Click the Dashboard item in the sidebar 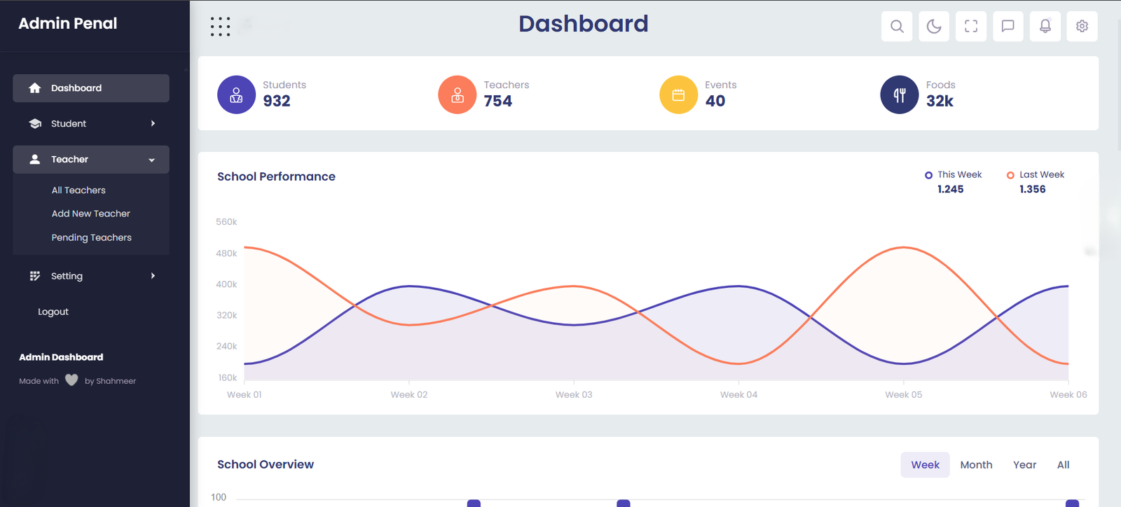pyautogui.click(x=90, y=88)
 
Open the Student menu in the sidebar pyautogui.click(x=90, y=124)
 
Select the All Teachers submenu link pyautogui.click(x=78, y=190)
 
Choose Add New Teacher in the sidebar pyautogui.click(x=90, y=214)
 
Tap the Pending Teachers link pyautogui.click(x=91, y=237)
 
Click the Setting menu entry pyautogui.click(x=90, y=276)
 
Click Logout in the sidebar pyautogui.click(x=53, y=312)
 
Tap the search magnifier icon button pyautogui.click(x=897, y=27)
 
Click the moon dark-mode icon pyautogui.click(x=934, y=27)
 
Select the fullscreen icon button pyautogui.click(x=971, y=27)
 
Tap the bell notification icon pyautogui.click(x=1045, y=27)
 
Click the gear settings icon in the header pyautogui.click(x=1082, y=27)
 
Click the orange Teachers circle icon pyautogui.click(x=458, y=95)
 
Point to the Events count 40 pyautogui.click(x=715, y=102)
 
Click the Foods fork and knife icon pyautogui.click(x=900, y=95)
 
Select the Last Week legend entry pyautogui.click(x=1036, y=175)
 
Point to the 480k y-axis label pyautogui.click(x=226, y=253)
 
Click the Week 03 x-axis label pyautogui.click(x=574, y=395)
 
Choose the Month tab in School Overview pyautogui.click(x=976, y=465)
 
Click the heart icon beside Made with pyautogui.click(x=71, y=380)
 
